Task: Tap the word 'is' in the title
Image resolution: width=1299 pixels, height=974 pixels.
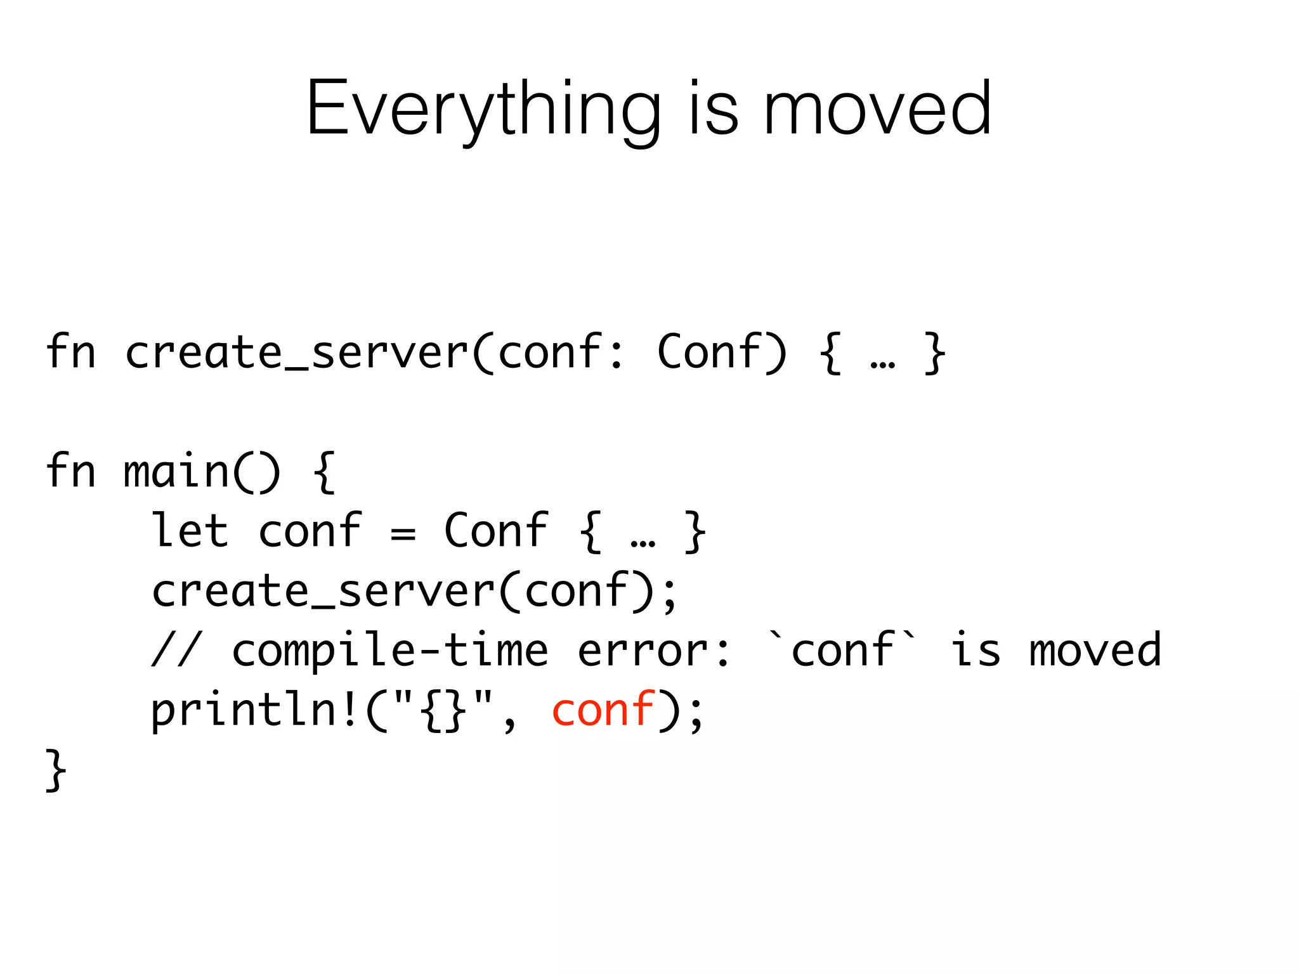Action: click(714, 109)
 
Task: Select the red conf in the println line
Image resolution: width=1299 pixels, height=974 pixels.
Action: click(603, 710)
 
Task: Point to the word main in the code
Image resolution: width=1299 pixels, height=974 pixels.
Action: click(176, 472)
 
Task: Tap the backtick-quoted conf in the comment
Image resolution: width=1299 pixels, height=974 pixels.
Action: click(843, 650)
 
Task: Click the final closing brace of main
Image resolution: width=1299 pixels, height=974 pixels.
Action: click(56, 769)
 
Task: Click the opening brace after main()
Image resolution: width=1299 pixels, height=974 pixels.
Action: click(323, 472)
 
